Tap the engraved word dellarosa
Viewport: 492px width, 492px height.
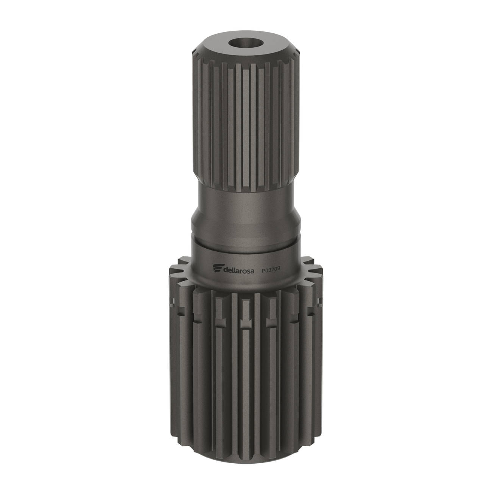pyautogui.click(x=238, y=270)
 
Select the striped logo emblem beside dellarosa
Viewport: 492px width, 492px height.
pyautogui.click(x=218, y=268)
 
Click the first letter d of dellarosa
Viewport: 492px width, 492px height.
pyautogui.click(x=225, y=270)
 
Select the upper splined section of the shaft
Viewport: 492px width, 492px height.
pyautogui.click(x=245, y=123)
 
